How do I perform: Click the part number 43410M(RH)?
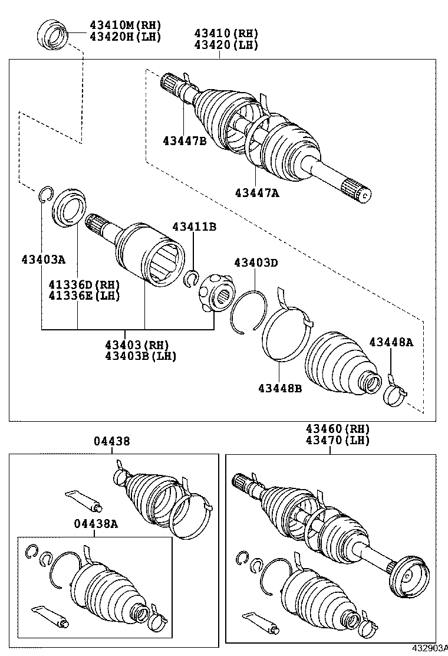coord(125,25)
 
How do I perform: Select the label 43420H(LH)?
coord(125,37)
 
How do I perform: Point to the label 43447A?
coord(256,192)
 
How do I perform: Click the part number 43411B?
coord(194,227)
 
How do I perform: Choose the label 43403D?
coord(255,263)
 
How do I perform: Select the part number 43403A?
coord(44,259)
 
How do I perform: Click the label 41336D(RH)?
coord(84,284)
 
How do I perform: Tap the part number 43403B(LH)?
coord(140,356)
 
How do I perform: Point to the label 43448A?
coord(391,342)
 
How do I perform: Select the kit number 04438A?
coord(95,523)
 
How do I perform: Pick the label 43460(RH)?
coord(337,429)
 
